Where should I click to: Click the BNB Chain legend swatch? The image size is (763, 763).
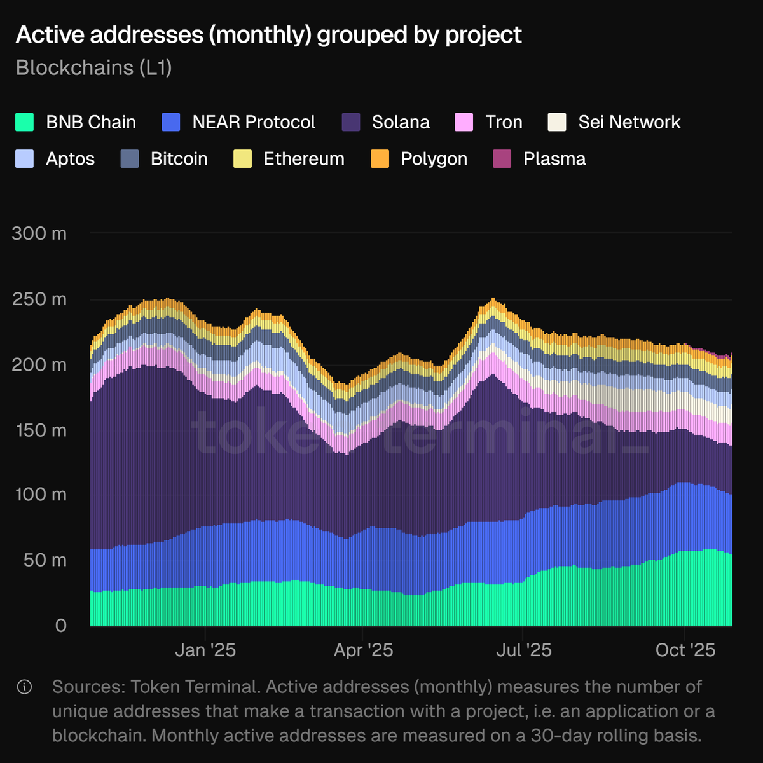(24, 122)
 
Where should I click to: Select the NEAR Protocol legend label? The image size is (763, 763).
(254, 122)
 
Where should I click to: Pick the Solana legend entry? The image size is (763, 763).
(401, 122)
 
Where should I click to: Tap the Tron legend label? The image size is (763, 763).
(504, 122)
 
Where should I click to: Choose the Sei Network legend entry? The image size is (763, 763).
(629, 122)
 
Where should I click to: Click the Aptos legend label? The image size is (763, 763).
(70, 159)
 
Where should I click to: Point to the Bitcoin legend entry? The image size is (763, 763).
(179, 159)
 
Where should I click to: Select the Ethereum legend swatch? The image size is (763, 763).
(243, 159)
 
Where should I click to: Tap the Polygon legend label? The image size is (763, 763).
(434, 159)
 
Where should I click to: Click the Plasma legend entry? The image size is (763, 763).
(554, 159)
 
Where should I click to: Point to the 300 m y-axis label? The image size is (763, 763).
(39, 233)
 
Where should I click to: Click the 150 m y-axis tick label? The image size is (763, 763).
(39, 430)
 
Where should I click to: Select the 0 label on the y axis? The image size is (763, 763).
(60, 626)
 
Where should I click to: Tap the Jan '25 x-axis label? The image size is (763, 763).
(205, 650)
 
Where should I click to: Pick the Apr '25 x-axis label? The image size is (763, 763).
(363, 650)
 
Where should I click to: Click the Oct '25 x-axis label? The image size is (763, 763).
(685, 650)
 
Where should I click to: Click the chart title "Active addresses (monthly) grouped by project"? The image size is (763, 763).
(268, 35)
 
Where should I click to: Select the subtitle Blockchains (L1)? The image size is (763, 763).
(94, 67)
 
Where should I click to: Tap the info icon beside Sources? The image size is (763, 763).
(25, 687)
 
